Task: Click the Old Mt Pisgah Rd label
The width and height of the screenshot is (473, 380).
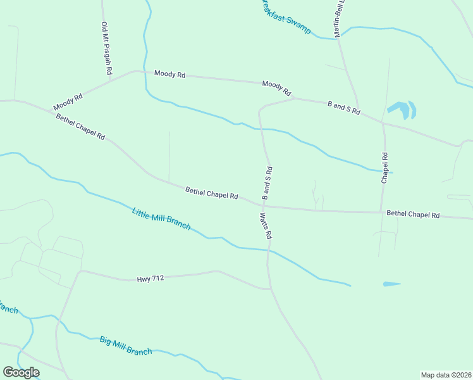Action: [x=106, y=49]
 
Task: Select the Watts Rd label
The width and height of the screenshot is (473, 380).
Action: [x=265, y=225]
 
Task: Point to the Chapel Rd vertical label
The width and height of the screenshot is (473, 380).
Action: [x=384, y=168]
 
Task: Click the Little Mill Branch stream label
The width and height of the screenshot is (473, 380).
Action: [x=161, y=219]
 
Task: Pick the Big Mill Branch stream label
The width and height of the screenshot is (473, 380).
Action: [x=126, y=346]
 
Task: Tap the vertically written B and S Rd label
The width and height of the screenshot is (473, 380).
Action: [x=267, y=183]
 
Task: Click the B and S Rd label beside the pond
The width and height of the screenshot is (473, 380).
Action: [x=343, y=107]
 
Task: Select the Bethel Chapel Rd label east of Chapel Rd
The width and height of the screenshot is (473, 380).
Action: [x=413, y=215]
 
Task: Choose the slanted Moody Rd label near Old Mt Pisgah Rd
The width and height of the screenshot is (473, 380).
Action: [x=68, y=102]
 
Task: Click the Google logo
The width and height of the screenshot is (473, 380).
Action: [x=21, y=372]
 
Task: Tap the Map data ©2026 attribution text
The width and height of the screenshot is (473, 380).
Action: [x=446, y=374]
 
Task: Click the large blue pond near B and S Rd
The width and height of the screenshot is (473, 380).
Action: [x=401, y=109]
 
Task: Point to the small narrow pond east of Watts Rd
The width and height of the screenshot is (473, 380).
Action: [x=391, y=284]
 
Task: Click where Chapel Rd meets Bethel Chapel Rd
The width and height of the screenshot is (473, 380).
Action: [x=381, y=212]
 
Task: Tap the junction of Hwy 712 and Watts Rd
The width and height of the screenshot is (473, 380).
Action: [x=270, y=289]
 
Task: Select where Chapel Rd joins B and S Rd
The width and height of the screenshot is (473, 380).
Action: [x=383, y=122]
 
